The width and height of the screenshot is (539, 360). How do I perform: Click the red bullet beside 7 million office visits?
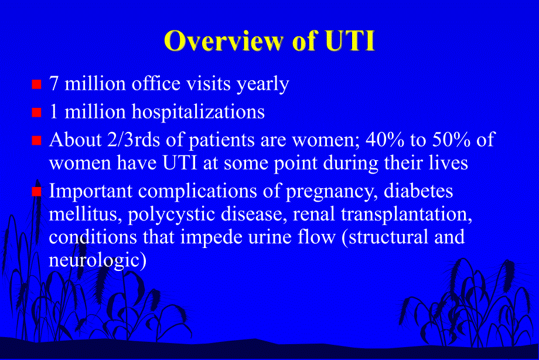36,84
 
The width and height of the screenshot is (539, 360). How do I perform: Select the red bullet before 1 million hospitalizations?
36,112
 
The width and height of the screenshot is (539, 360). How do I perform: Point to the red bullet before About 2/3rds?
36,140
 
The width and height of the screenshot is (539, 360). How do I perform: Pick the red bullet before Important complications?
36,192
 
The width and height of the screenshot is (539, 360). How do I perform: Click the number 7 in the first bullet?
54,84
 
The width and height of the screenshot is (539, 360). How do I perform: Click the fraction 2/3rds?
126,141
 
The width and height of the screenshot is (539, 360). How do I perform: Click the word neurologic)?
97,260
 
